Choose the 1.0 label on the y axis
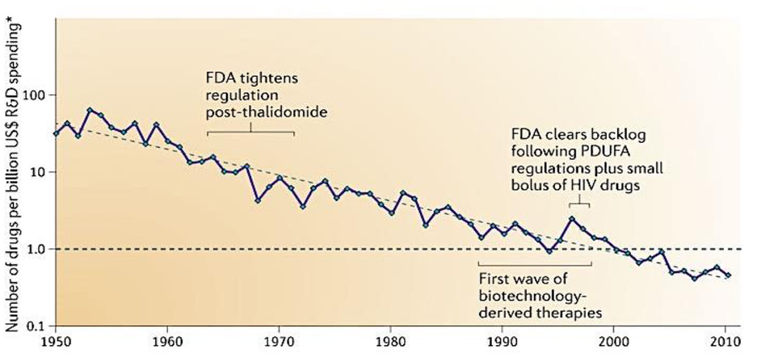(x=36, y=249)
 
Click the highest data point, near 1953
(x=90, y=110)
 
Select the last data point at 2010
(x=728, y=276)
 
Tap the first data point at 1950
(x=56, y=133)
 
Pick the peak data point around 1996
(x=572, y=219)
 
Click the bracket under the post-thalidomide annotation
(x=251, y=132)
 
